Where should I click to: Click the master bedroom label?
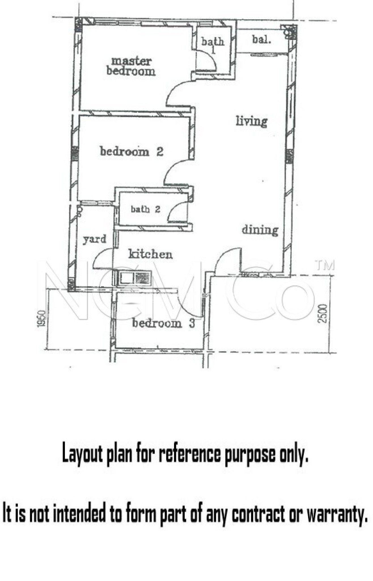[131, 66]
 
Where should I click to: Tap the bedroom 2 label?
[132, 151]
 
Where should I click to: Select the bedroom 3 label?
[164, 323]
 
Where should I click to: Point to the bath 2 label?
[145, 209]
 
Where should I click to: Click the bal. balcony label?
[262, 39]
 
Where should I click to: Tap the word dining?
[260, 230]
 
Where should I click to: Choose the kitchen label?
[150, 254]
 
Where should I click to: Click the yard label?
[95, 239]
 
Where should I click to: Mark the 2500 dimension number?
[323, 313]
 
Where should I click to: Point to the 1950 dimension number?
[41, 319]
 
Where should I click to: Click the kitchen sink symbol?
[134, 278]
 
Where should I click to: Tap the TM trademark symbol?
[325, 265]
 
